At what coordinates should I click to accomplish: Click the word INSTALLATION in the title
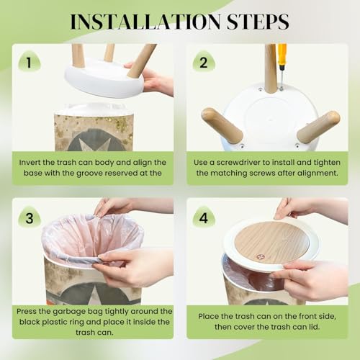point(145,22)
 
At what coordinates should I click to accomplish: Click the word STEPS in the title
point(258,22)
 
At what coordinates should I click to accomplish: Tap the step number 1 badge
point(29,62)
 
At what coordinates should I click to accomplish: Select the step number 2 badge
point(204,62)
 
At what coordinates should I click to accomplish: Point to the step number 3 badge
point(30,217)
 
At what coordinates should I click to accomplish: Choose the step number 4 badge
point(204,217)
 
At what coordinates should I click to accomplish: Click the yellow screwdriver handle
point(282,55)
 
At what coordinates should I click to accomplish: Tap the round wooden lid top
point(271,242)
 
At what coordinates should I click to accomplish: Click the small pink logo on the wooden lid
point(259,257)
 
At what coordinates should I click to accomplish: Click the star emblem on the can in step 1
point(94,143)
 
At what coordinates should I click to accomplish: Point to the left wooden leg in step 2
point(222,125)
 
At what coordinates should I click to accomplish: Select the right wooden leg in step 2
point(318,127)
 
